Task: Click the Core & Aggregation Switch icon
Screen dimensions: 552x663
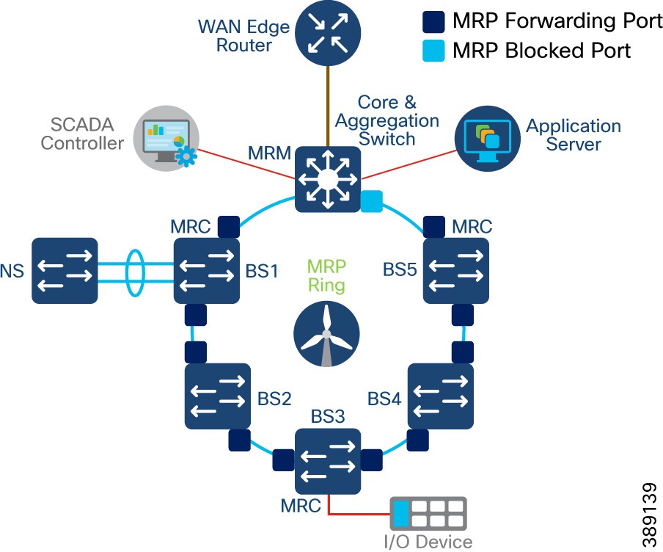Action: tap(327, 179)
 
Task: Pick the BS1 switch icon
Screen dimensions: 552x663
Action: tap(207, 271)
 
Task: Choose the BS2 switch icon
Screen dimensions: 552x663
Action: tap(218, 396)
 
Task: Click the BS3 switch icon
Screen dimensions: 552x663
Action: tap(327, 461)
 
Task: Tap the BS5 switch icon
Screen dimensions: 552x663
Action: tap(456, 271)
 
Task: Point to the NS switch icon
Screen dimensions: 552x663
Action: tap(65, 271)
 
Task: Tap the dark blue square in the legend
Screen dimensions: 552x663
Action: tap(433, 22)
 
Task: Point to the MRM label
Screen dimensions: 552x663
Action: tap(270, 154)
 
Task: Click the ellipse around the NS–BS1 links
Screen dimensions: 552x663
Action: tap(134, 271)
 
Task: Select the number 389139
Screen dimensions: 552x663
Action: tap(648, 514)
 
